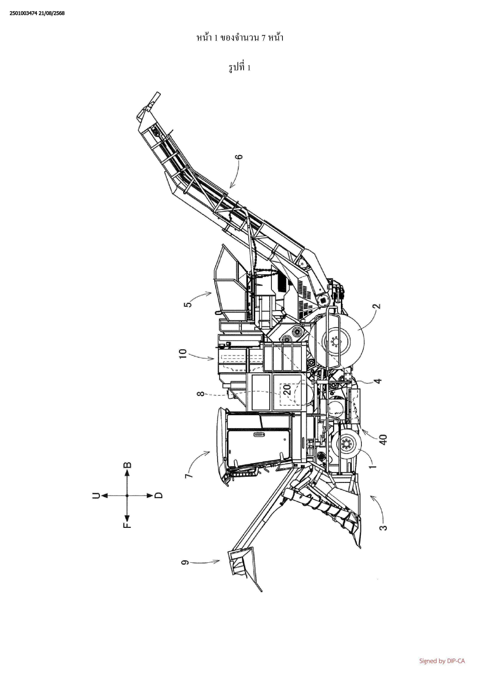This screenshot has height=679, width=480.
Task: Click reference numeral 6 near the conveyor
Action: pos(240,156)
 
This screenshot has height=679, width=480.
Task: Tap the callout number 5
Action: pos(188,303)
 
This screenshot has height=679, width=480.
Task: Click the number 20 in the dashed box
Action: pos(287,390)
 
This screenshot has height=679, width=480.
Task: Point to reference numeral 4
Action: pos(378,381)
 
